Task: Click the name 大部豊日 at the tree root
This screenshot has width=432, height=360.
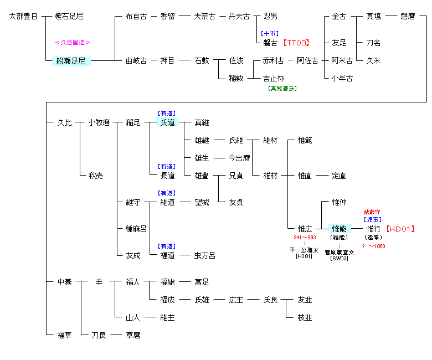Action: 24,17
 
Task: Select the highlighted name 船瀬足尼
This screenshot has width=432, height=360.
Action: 71,61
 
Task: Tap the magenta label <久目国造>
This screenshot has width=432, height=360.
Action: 73,42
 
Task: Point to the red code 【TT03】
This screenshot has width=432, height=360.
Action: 295,43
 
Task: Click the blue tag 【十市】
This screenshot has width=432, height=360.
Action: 270,33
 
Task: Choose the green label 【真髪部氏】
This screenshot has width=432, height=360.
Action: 282,88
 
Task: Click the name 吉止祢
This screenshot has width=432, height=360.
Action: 274,78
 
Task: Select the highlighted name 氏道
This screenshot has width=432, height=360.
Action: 167,122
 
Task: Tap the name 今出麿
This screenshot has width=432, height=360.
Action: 239,158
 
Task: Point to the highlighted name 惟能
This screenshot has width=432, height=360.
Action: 339,228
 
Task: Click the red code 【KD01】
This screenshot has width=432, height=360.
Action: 400,228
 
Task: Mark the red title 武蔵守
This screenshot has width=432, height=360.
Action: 372,212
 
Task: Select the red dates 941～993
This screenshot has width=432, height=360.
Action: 305,237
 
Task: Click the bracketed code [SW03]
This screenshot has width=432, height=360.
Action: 339,258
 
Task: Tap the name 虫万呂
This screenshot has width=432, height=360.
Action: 205,255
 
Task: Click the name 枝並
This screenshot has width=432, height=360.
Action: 305,317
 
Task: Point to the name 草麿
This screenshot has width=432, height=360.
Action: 133,335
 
